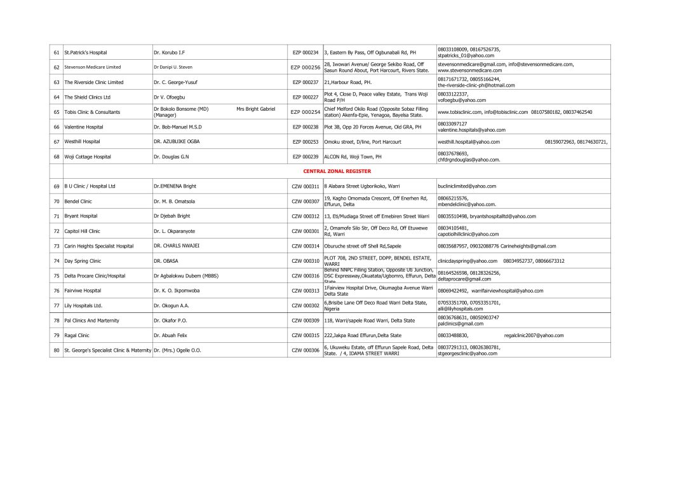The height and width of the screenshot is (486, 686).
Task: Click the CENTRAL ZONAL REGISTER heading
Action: [337, 171]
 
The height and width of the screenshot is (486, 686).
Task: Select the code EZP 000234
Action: [306, 52]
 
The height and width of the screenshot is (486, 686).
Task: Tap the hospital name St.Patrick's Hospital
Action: [85, 52]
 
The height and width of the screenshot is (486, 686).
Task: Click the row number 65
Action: [57, 112]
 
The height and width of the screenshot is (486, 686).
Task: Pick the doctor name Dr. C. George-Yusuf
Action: [175, 82]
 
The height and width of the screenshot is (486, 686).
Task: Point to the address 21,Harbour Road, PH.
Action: [348, 82]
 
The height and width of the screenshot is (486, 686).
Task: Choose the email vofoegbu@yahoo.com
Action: [462, 100]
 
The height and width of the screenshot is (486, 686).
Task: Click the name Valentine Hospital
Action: [83, 127]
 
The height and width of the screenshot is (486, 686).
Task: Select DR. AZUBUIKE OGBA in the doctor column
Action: [177, 141]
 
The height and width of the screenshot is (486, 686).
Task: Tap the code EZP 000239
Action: [306, 156]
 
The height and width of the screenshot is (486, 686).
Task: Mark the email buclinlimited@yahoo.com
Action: [467, 186]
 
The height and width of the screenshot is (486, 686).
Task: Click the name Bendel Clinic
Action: [78, 201]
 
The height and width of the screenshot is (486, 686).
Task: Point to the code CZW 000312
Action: [306, 216]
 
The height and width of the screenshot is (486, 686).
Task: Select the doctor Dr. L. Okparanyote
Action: [174, 231]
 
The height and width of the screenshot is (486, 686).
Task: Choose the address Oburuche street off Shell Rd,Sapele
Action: [363, 246]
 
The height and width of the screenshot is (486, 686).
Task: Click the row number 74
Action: [57, 261]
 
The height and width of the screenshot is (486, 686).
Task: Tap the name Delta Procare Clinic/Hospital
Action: [95, 276]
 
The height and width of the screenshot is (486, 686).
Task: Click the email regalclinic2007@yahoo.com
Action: [534, 335]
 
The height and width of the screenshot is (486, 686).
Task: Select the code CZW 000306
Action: [306, 350]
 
